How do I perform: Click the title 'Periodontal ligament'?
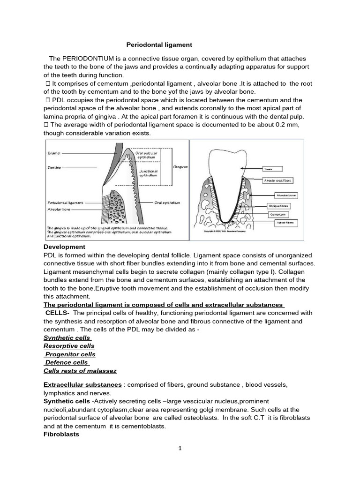pyautogui.click(x=159, y=45)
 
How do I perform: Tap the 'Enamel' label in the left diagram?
pyautogui.click(x=54, y=153)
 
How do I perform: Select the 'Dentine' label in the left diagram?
pyautogui.click(x=54, y=166)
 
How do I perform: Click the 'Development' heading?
pyautogui.click(x=65, y=247)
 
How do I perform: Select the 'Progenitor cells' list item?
pyautogui.click(x=69, y=354)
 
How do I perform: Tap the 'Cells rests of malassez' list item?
pyautogui.click(x=80, y=370)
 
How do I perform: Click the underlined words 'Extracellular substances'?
pyautogui.click(x=83, y=384)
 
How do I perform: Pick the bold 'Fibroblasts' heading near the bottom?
pyautogui.click(x=61, y=434)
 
